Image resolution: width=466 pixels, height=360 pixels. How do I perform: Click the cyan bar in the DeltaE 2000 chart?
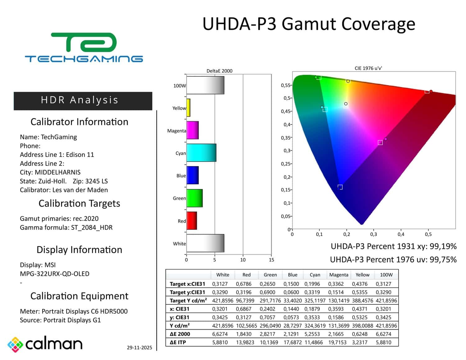point(201,153)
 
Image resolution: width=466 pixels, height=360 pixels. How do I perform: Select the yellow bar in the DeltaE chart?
point(188,108)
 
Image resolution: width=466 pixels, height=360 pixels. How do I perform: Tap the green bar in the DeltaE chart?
point(194,198)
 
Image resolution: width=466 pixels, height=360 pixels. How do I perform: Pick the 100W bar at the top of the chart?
point(205,85)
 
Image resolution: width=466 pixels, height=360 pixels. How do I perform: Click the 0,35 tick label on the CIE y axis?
point(286,137)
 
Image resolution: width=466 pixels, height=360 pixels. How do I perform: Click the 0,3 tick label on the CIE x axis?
point(373,234)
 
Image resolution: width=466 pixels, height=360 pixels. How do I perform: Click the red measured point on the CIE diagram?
point(431,91)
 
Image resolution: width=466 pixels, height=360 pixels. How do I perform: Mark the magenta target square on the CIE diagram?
point(380,142)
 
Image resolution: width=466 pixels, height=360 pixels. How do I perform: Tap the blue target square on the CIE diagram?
point(340,187)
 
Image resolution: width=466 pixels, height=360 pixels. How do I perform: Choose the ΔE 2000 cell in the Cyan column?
point(312,334)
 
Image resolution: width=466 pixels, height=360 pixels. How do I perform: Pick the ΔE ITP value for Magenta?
point(337,342)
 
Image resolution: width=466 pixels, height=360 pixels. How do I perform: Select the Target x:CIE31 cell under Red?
point(243,284)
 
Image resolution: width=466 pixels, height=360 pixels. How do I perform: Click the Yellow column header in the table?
point(362,275)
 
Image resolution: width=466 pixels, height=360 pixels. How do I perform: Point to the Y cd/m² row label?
point(180,326)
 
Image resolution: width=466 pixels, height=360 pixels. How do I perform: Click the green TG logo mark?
point(84,42)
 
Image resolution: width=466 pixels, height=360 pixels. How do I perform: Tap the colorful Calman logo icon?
point(15,344)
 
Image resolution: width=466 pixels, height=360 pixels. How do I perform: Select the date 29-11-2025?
point(139,348)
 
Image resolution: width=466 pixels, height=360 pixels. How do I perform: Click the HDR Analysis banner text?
point(80,100)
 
